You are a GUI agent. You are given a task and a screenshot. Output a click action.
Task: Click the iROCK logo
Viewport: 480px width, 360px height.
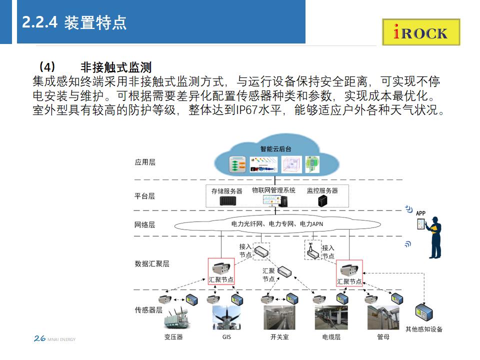click(x=421, y=32)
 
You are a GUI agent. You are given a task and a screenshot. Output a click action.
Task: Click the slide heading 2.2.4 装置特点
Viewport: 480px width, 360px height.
click(x=74, y=22)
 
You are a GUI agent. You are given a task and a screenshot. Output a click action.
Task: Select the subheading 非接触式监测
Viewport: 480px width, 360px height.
click(x=115, y=67)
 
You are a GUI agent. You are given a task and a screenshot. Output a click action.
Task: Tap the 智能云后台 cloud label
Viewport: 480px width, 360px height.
click(x=275, y=149)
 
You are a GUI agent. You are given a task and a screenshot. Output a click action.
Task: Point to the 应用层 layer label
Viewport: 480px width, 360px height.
click(x=145, y=162)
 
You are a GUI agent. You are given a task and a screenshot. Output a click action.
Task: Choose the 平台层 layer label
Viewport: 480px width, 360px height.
click(x=145, y=196)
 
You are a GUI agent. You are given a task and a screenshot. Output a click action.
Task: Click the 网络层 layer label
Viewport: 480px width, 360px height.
click(x=145, y=224)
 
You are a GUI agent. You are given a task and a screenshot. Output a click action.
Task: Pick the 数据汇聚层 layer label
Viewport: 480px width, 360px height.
click(x=152, y=263)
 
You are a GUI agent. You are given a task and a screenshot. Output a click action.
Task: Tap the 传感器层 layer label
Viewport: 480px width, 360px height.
click(x=148, y=310)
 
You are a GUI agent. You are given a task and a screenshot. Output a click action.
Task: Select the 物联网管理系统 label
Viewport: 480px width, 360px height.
click(x=273, y=190)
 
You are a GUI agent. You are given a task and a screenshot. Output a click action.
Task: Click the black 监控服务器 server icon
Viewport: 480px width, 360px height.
click(x=322, y=201)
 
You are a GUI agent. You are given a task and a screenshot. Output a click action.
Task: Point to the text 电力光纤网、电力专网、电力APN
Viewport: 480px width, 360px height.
click(x=277, y=224)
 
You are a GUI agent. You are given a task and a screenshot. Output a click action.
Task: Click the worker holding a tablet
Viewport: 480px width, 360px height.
click(x=434, y=237)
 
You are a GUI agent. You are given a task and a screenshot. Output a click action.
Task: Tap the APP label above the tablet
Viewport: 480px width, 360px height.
click(x=420, y=213)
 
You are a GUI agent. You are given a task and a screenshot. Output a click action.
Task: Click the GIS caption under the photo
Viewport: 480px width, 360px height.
click(x=226, y=337)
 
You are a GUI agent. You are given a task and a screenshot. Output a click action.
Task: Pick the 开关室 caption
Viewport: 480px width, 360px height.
click(x=279, y=337)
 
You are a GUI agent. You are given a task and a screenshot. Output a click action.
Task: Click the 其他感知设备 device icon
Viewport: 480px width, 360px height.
click(x=423, y=313)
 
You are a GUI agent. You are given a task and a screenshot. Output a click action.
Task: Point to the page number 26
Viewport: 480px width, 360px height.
click(x=39, y=338)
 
